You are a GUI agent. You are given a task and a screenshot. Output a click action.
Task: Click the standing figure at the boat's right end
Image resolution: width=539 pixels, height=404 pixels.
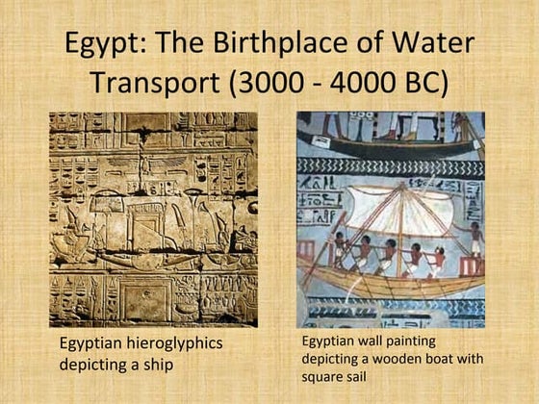point(475,241)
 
